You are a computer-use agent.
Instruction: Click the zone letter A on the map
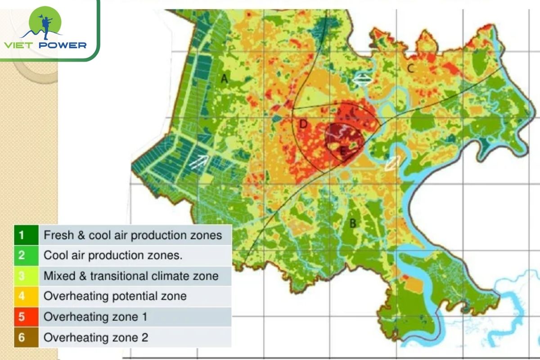(x=224, y=79)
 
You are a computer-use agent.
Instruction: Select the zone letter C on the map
(x=410, y=68)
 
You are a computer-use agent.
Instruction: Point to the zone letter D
(x=303, y=124)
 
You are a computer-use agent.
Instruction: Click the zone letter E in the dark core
(x=342, y=151)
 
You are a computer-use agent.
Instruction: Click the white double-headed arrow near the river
(x=362, y=81)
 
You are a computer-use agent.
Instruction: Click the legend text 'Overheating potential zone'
(x=115, y=296)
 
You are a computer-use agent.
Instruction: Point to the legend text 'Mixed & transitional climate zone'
(x=131, y=275)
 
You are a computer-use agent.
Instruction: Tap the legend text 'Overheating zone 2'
(x=95, y=337)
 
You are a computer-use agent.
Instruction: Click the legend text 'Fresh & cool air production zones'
(x=133, y=235)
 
